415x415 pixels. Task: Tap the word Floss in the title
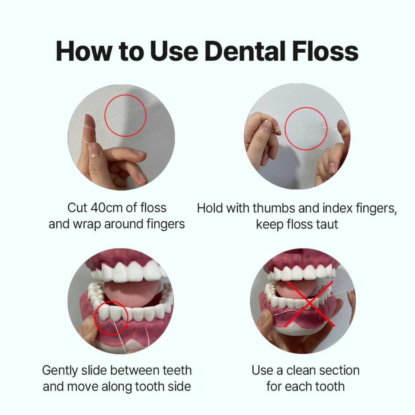325,51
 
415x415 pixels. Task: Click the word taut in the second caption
327,224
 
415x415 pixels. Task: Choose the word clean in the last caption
302,370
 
